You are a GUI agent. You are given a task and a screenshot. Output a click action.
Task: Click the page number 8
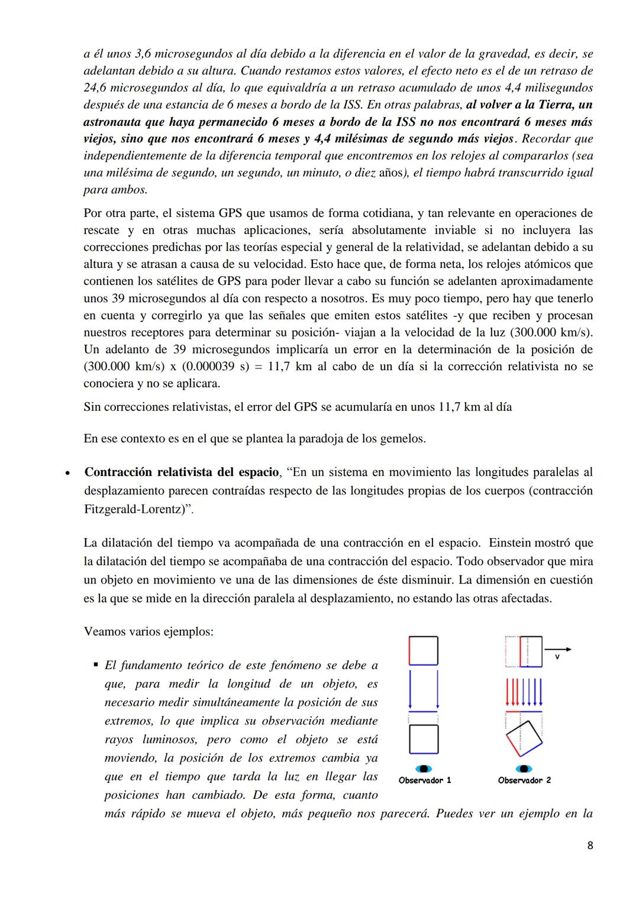click(x=589, y=845)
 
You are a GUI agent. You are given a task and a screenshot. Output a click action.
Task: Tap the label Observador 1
click(x=425, y=780)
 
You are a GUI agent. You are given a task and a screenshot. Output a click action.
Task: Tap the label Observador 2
click(x=524, y=780)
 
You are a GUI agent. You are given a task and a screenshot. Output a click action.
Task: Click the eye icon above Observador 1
click(x=424, y=768)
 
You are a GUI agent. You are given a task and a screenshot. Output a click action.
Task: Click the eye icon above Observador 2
click(x=523, y=768)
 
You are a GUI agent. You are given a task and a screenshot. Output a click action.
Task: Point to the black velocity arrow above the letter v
click(x=557, y=649)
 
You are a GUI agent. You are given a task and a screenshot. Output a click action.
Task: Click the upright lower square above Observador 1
click(x=424, y=739)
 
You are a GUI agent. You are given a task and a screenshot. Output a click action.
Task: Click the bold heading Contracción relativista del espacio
click(x=181, y=472)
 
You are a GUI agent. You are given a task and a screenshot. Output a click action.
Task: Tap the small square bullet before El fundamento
click(x=95, y=665)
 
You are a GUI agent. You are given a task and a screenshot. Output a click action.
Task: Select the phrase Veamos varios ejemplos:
click(x=149, y=631)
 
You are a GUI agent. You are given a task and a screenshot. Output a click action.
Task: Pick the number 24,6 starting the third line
click(x=95, y=88)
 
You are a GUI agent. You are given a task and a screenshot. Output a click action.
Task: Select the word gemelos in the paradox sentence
click(x=404, y=439)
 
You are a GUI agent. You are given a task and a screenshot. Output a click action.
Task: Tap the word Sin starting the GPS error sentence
click(x=93, y=407)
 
